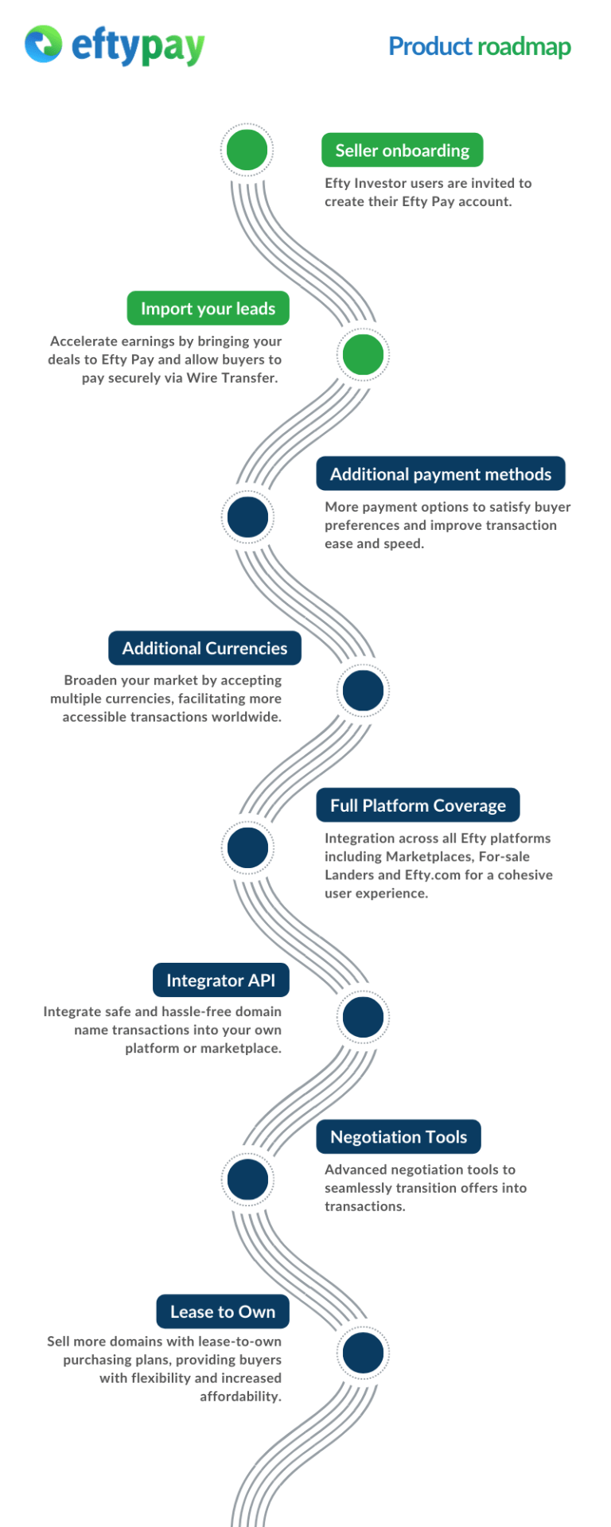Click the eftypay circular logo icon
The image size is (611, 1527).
[43, 44]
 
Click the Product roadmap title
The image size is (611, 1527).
[479, 46]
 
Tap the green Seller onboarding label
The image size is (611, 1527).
[402, 150]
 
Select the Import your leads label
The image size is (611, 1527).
[208, 309]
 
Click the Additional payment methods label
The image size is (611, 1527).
[440, 474]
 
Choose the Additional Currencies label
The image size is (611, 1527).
[204, 649]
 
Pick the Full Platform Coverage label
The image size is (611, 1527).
[418, 805]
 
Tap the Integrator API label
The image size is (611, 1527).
[220, 980]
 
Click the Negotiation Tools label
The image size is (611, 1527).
[398, 1137]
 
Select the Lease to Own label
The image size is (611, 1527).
[223, 1312]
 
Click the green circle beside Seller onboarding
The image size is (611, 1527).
[247, 150]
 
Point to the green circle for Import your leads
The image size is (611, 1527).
[363, 354]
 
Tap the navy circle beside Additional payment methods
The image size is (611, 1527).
[247, 517]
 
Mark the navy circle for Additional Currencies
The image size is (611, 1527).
[363, 690]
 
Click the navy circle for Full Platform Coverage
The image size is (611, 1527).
[247, 847]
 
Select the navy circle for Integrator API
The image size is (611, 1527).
[363, 1017]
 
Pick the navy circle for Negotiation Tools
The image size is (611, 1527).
[247, 1179]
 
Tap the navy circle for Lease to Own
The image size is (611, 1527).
[363, 1353]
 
